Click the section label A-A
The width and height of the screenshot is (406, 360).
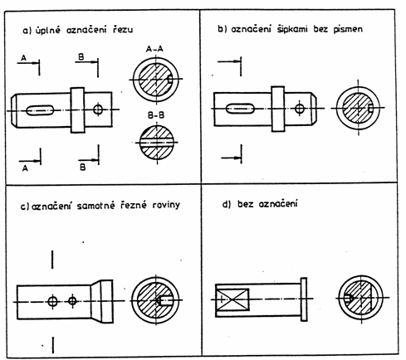point(154,49)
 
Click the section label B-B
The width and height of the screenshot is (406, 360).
point(156,115)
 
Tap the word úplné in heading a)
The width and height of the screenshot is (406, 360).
point(48,30)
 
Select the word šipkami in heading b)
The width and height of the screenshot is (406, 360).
point(292,29)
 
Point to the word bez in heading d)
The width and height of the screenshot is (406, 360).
point(245,204)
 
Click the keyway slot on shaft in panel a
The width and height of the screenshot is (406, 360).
point(40,110)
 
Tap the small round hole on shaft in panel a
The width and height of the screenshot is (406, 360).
point(98,109)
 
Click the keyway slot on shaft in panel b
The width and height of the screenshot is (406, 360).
point(240,109)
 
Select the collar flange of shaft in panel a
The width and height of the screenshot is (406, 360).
point(77,110)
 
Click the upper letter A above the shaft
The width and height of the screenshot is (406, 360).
point(24,58)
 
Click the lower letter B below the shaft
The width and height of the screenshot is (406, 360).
point(82,168)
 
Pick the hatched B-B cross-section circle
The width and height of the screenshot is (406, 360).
point(156,143)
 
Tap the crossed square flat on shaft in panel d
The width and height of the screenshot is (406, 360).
point(232,299)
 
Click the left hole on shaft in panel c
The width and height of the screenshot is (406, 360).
point(52,301)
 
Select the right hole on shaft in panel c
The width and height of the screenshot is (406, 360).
point(72,301)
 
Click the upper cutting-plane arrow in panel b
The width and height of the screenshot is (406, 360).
point(229,61)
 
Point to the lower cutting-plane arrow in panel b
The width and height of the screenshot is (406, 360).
point(231,158)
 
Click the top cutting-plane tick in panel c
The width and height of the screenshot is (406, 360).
point(52,260)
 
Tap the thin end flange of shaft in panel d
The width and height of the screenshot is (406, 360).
point(304,299)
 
